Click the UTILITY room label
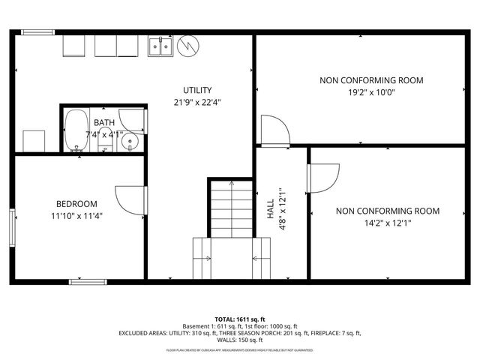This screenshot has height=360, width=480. [x=197, y=89]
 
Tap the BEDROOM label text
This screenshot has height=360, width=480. [x=76, y=204]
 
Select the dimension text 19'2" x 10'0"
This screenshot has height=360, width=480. [x=371, y=93]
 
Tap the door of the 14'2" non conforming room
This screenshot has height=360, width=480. [x=322, y=178]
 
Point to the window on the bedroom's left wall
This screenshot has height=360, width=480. [x=12, y=226]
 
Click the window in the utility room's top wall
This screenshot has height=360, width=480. [x=33, y=32]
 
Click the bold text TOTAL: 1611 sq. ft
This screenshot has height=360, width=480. [x=240, y=319]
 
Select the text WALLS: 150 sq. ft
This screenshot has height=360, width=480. [x=240, y=340]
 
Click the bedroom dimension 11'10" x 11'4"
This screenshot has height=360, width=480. [x=76, y=217]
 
